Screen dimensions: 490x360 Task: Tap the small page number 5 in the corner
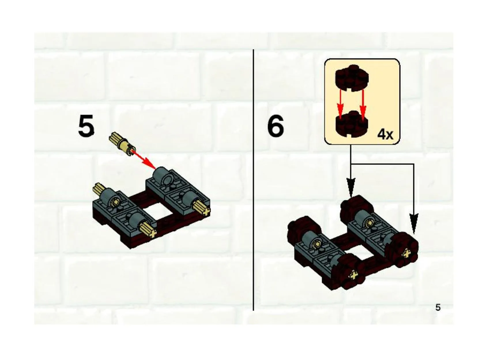pos(438,307)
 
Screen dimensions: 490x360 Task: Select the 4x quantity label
pos(385,135)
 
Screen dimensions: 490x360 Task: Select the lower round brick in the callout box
pos(352,124)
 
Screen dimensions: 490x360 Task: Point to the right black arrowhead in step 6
pos(413,223)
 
